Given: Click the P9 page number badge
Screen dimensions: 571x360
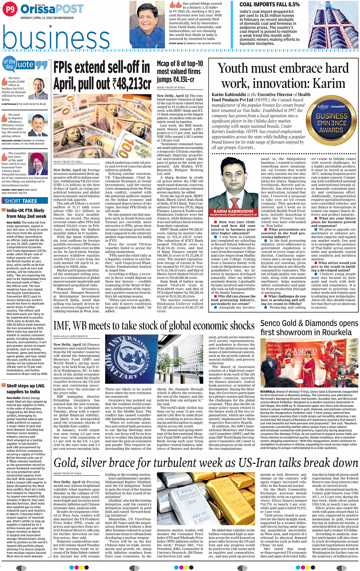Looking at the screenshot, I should click(10, 9).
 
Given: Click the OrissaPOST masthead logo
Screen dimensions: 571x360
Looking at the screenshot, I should click(52, 9).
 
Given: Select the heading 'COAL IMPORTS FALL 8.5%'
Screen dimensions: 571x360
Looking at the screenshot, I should click(269, 5).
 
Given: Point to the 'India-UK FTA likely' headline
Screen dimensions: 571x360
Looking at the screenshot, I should click(26, 210).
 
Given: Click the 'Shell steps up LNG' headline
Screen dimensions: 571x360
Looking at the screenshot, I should click(26, 386).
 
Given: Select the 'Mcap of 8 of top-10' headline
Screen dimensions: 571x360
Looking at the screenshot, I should click(180, 64).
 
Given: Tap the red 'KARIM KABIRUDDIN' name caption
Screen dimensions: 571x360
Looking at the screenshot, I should click(233, 211).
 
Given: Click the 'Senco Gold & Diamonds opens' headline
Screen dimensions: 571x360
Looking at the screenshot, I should click(309, 323).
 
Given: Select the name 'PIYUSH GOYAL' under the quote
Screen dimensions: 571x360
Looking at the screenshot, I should click(176, 43).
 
